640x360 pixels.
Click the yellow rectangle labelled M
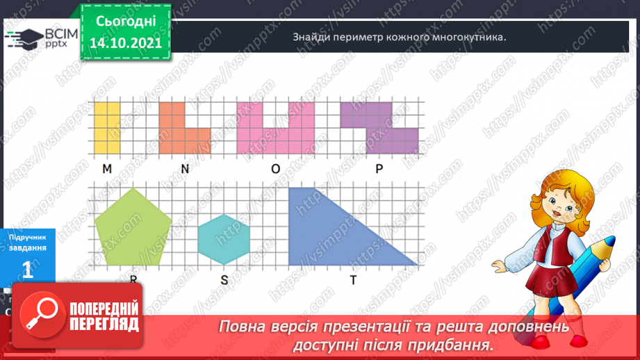107,128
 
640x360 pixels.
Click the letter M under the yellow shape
106,168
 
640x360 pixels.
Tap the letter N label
186,168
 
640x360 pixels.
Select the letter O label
276,168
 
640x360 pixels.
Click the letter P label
379,168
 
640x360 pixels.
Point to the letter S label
224,280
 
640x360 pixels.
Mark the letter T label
353,280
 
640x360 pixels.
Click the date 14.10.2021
125,43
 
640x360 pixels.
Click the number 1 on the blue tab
28,272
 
